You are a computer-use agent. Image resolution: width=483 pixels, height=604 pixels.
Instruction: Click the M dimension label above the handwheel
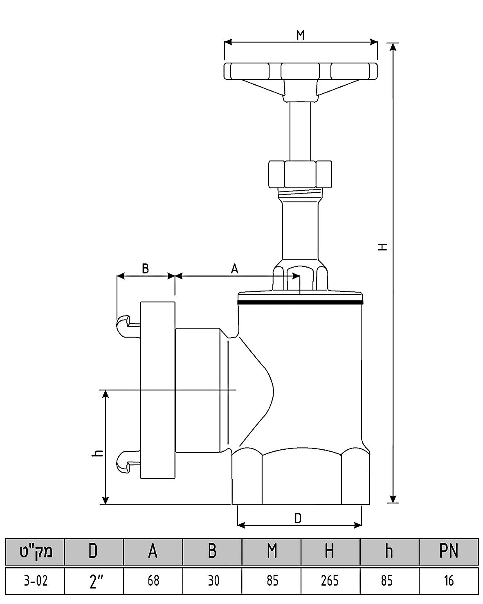pyautogui.click(x=300, y=35)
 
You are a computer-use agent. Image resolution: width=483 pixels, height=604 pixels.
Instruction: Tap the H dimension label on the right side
pyautogui.click(x=382, y=247)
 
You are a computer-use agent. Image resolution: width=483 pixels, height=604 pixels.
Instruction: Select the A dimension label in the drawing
pyautogui.click(x=234, y=268)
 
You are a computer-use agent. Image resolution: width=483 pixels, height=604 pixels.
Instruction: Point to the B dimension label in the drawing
pyautogui.click(x=145, y=268)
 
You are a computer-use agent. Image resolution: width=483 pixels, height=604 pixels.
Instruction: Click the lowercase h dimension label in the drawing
pyautogui.click(x=97, y=453)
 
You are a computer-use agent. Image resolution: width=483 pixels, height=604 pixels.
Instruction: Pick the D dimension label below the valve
pyautogui.click(x=298, y=518)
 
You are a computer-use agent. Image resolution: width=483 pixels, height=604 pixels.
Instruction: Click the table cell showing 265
pyautogui.click(x=330, y=581)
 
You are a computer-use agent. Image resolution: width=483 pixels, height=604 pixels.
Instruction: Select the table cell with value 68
pyautogui.click(x=153, y=581)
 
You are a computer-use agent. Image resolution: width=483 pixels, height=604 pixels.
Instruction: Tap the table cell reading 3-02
pyautogui.click(x=35, y=581)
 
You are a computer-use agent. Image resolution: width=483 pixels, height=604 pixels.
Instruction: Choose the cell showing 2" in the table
pyautogui.click(x=94, y=581)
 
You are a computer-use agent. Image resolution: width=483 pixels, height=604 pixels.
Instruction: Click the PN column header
pyautogui.click(x=449, y=551)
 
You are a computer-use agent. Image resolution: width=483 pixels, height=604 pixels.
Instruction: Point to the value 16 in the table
pyautogui.click(x=449, y=581)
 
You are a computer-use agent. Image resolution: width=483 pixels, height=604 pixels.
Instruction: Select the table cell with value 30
pyautogui.click(x=212, y=581)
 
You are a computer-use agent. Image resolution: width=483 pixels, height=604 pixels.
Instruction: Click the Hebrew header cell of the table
pyautogui.click(x=35, y=551)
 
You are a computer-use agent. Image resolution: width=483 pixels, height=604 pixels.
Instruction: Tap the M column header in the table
pyautogui.click(x=272, y=551)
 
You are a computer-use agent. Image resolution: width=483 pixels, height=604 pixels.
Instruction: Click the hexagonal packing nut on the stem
pyautogui.click(x=300, y=174)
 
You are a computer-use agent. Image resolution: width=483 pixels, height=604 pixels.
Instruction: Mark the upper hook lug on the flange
pyautogui.click(x=128, y=326)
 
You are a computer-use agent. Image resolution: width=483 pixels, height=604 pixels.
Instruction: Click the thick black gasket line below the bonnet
pyautogui.click(x=300, y=302)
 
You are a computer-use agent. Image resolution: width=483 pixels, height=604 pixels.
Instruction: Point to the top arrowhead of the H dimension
pyautogui.click(x=393, y=47)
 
